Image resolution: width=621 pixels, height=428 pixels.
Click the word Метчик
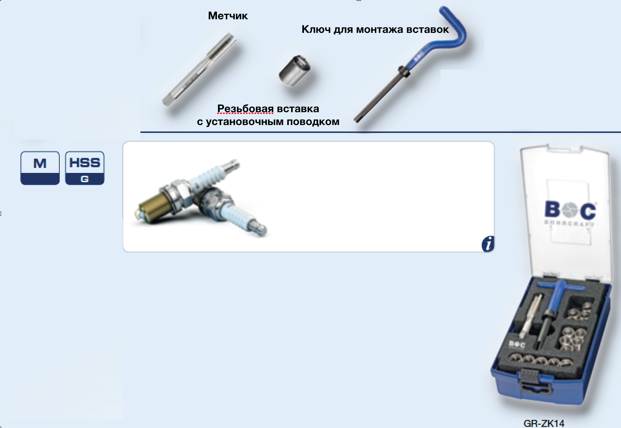[x=228, y=16]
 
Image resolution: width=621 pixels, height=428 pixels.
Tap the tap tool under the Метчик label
[x=199, y=70]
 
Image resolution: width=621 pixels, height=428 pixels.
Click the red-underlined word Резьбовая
[x=245, y=109]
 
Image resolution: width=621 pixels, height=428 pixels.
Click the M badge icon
[x=40, y=168]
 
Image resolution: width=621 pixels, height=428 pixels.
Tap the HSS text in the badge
[x=85, y=163]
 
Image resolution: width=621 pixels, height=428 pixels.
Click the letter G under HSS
[x=85, y=179]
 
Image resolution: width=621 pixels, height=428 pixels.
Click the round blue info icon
[x=488, y=244]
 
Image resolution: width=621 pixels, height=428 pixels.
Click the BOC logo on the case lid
[x=570, y=211]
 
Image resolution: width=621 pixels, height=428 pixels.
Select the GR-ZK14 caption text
[x=544, y=423]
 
